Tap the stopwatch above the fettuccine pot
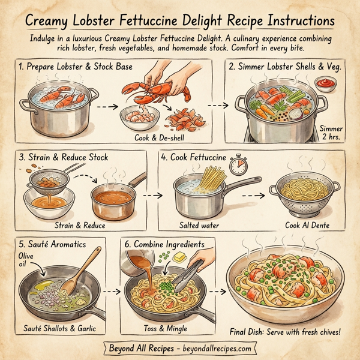coord(239,164)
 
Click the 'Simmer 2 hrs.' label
coord(331,133)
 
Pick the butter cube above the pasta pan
coord(178,257)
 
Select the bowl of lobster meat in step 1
coord(136,118)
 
